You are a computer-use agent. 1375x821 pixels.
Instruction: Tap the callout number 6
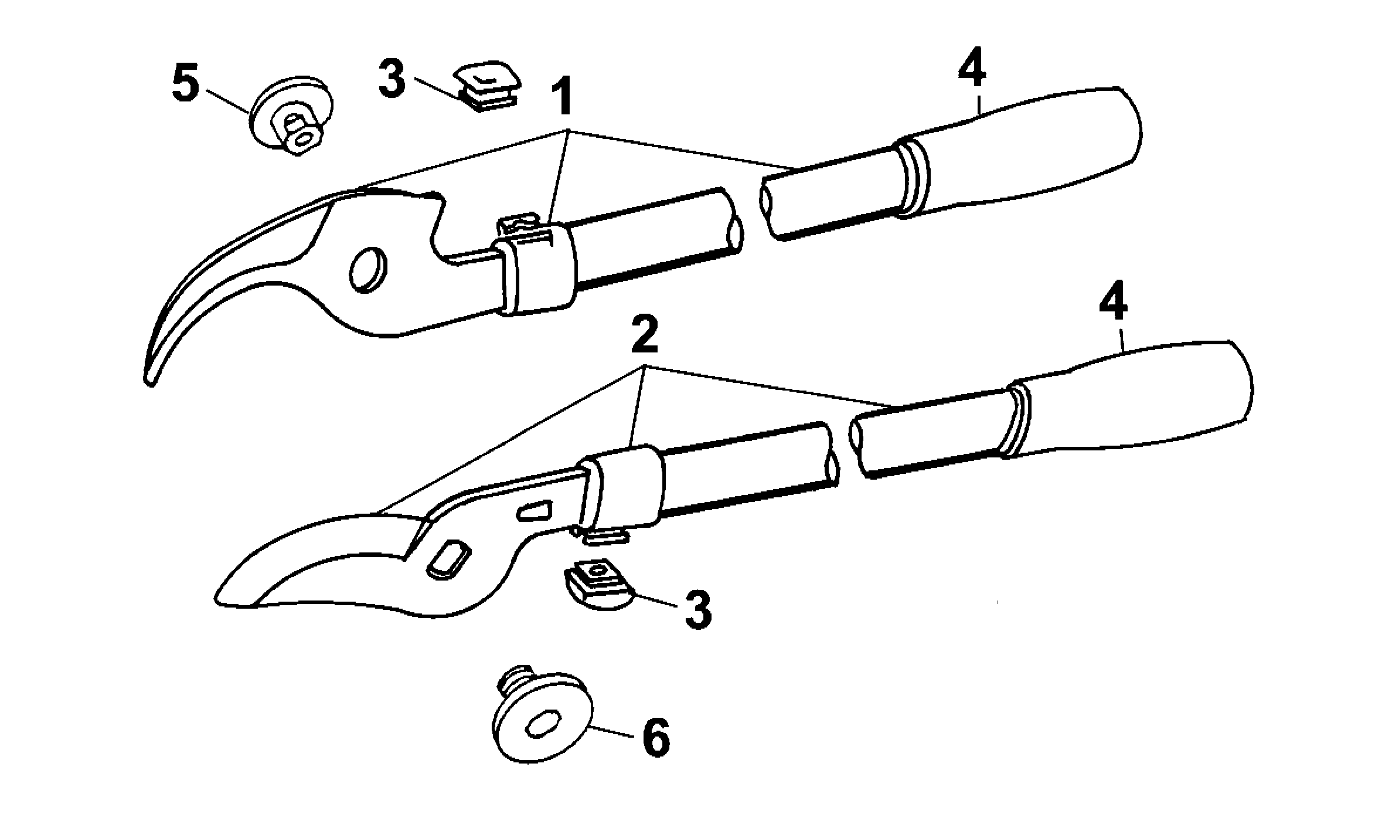(x=655, y=737)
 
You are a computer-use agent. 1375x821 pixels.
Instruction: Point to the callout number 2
(x=644, y=335)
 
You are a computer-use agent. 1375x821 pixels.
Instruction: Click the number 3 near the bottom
(x=697, y=610)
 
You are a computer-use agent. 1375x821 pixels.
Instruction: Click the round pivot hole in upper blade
(x=368, y=269)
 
